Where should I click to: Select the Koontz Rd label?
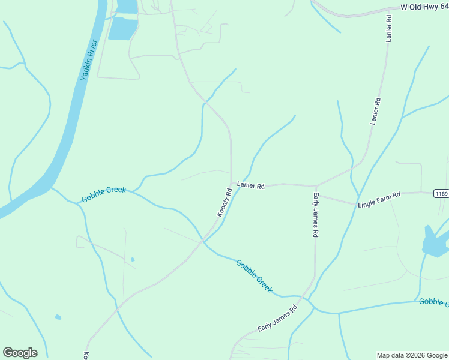224,203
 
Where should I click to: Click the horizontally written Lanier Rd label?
250,186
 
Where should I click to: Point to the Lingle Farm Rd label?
379,200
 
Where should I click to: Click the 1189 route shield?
441,193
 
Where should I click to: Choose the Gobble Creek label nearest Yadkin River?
104,194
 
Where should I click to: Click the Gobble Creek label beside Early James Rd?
255,276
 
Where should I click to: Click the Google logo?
20,353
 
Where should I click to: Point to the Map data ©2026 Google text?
412,355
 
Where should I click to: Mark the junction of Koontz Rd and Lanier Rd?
232,183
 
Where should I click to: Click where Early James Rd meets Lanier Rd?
316,186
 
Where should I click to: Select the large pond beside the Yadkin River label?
123,28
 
